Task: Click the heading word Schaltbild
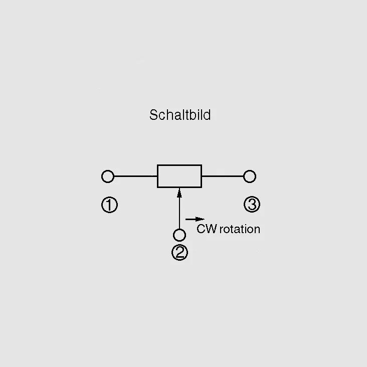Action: click(x=180, y=115)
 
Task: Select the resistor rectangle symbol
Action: click(x=179, y=165)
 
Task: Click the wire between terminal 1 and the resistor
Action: click(x=135, y=176)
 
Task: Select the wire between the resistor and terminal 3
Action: click(x=223, y=176)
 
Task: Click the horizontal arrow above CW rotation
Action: click(x=195, y=219)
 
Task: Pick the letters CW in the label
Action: click(x=207, y=229)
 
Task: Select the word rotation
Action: click(x=240, y=229)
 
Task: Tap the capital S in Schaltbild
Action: click(x=154, y=115)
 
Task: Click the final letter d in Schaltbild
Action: click(x=208, y=115)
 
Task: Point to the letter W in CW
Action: click(x=212, y=229)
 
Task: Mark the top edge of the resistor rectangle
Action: click(x=179, y=165)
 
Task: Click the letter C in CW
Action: click(x=201, y=229)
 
